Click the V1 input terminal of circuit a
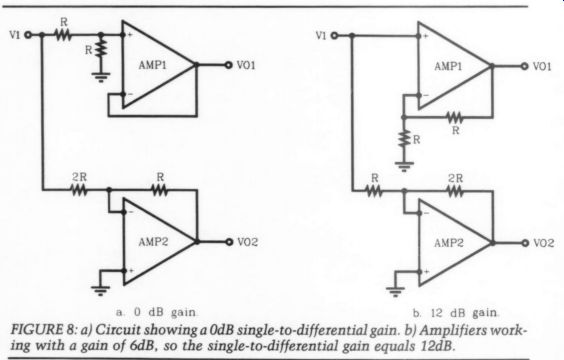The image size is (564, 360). tap(28, 35)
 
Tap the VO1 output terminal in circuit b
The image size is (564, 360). tap(525, 66)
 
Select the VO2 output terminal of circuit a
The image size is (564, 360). tap(229, 242)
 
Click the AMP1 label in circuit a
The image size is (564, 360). tap(153, 65)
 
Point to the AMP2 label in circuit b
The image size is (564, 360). tap(449, 243)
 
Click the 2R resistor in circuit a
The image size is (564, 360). tap(79, 190)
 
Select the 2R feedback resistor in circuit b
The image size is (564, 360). tap(455, 191)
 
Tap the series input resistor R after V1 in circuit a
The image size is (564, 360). tap(63, 35)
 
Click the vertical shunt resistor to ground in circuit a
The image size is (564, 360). tap(101, 48)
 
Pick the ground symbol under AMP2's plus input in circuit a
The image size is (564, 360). tap(101, 290)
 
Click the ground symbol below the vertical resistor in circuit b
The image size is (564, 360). tap(404, 167)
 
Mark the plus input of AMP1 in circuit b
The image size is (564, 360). tap(418, 36)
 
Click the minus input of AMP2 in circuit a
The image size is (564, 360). tap(123, 212)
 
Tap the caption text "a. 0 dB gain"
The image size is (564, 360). tap(157, 312)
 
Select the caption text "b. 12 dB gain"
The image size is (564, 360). tap(456, 313)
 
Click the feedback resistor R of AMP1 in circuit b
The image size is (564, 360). tap(455, 117)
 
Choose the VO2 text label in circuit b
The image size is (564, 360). tap(543, 243)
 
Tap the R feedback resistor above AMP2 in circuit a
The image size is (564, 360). tap(159, 190)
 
